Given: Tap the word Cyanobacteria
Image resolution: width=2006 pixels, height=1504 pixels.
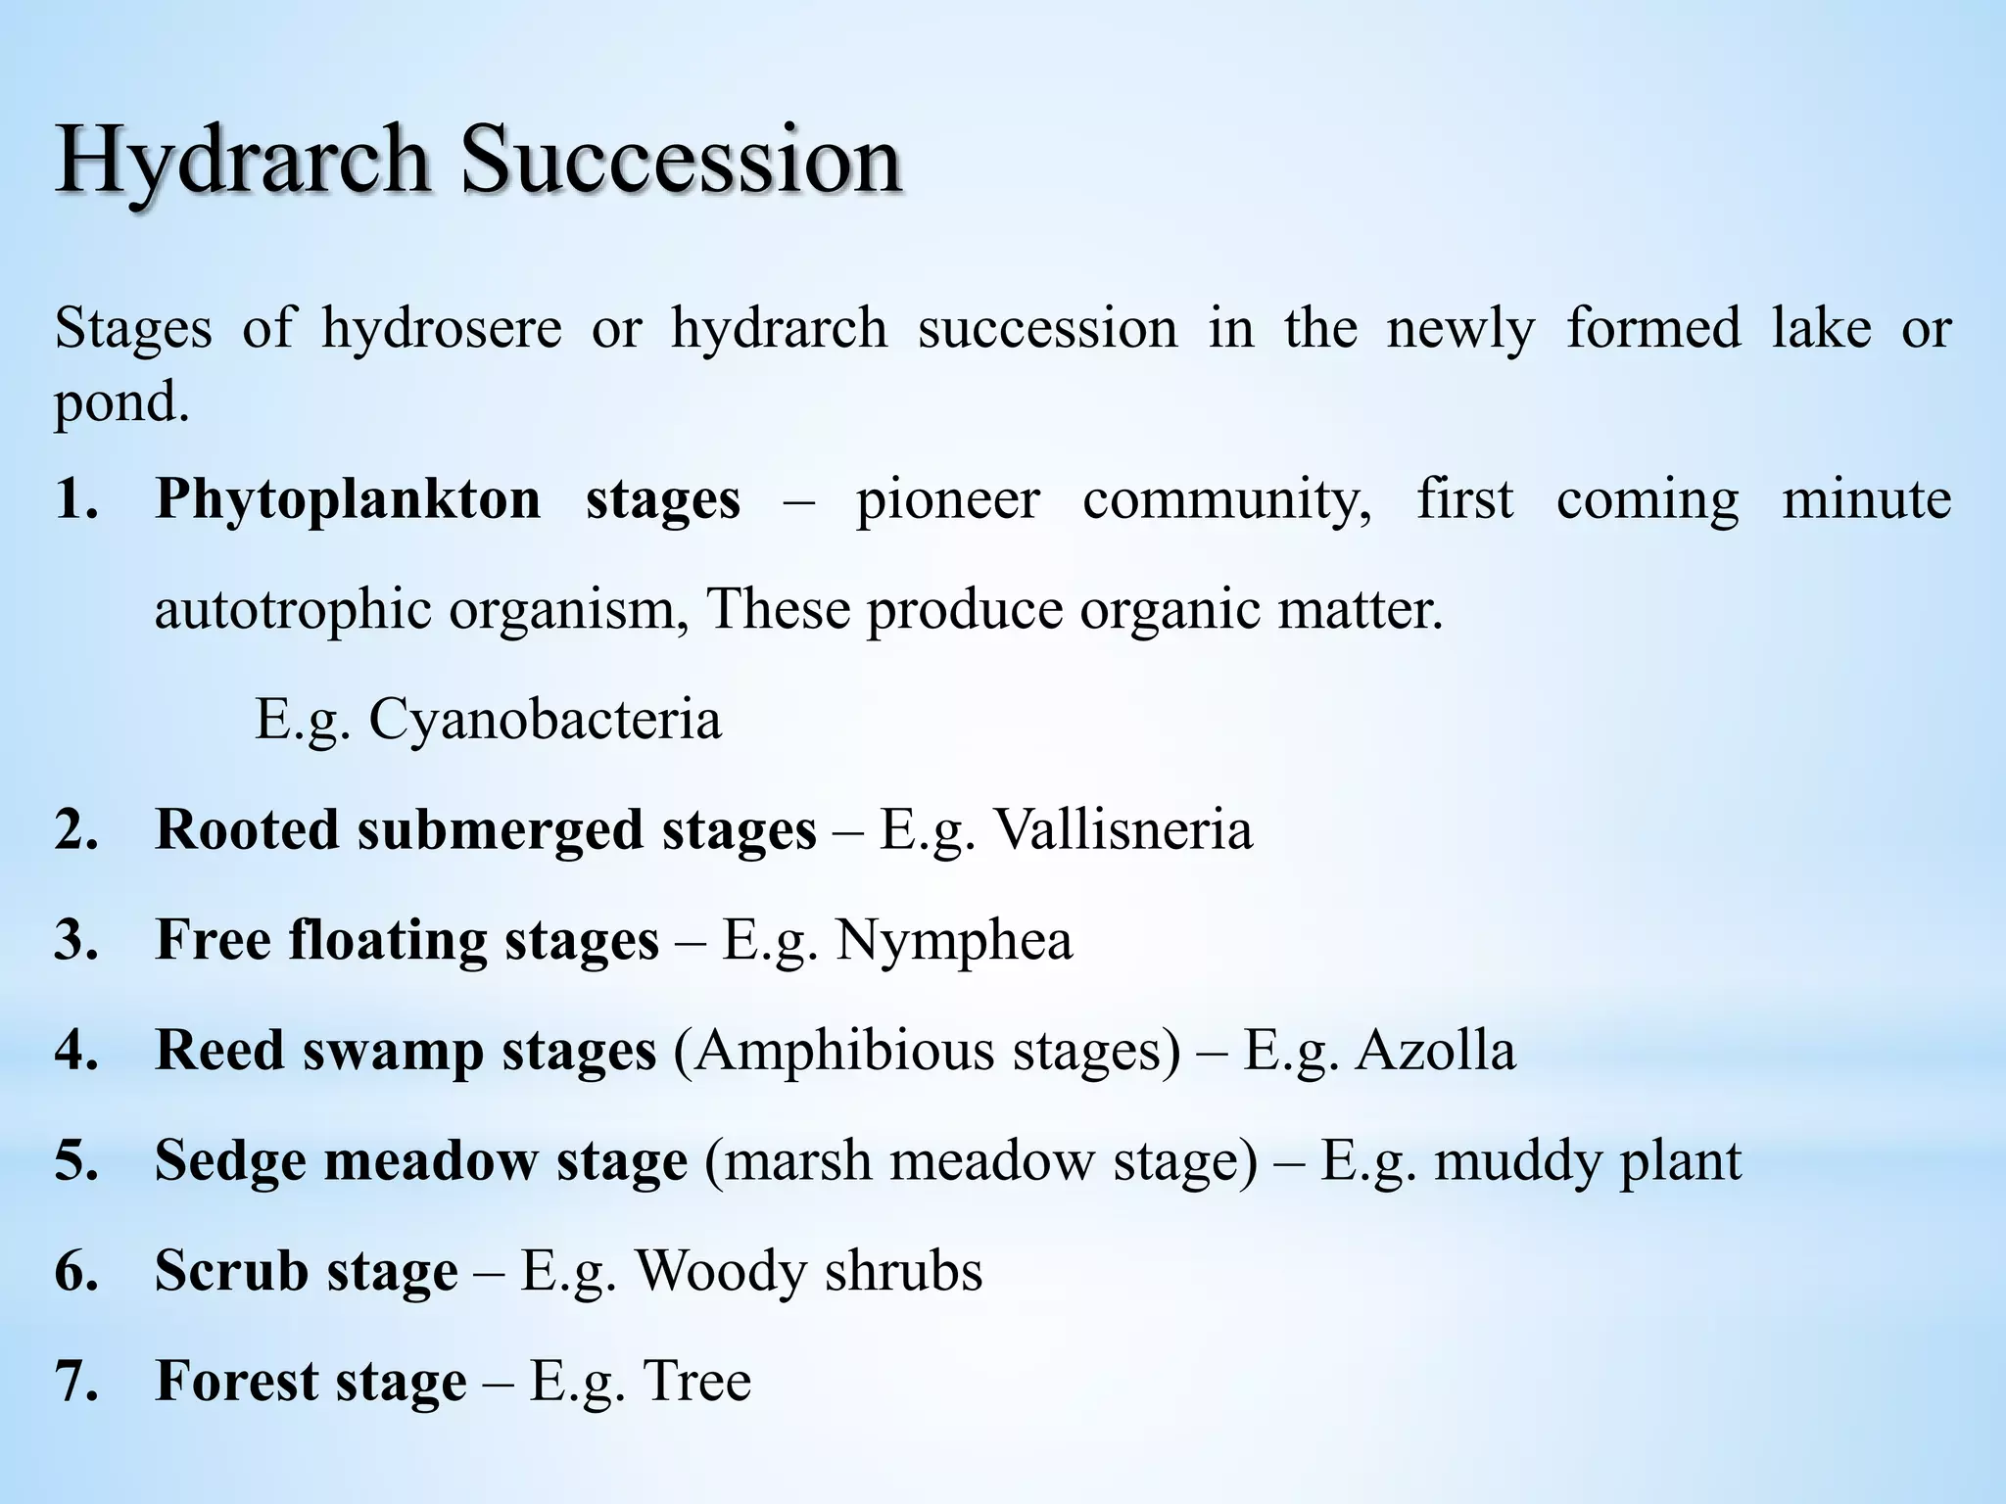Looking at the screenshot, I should click(x=545, y=720).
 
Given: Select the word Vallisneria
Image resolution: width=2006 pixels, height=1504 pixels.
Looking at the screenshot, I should click(x=1122, y=830).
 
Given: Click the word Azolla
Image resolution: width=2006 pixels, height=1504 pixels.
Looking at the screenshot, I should click(x=1435, y=1051).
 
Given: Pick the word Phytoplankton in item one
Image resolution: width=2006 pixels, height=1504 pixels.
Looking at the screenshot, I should click(x=348, y=499).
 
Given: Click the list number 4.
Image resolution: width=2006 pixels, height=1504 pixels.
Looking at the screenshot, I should click(x=75, y=1051).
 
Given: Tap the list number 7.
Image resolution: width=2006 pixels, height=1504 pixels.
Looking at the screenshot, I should click(x=75, y=1382).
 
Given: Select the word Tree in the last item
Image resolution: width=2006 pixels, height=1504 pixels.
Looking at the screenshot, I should click(x=696, y=1382).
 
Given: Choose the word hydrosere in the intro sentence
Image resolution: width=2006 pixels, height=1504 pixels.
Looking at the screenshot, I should click(x=442, y=329).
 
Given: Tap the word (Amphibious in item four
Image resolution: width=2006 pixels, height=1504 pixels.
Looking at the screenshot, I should click(x=835, y=1051).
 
